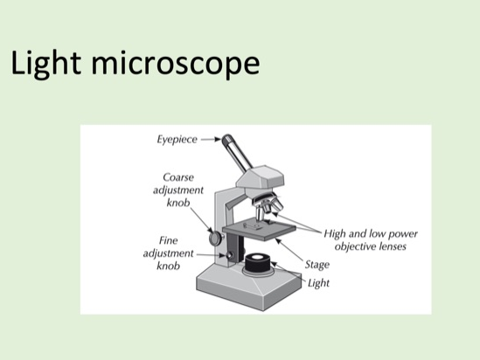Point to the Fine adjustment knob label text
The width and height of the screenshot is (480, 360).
(169, 252)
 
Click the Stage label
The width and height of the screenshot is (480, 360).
(317, 263)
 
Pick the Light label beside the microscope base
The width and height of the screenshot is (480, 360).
(320, 283)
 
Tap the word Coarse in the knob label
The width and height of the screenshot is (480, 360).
(180, 177)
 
